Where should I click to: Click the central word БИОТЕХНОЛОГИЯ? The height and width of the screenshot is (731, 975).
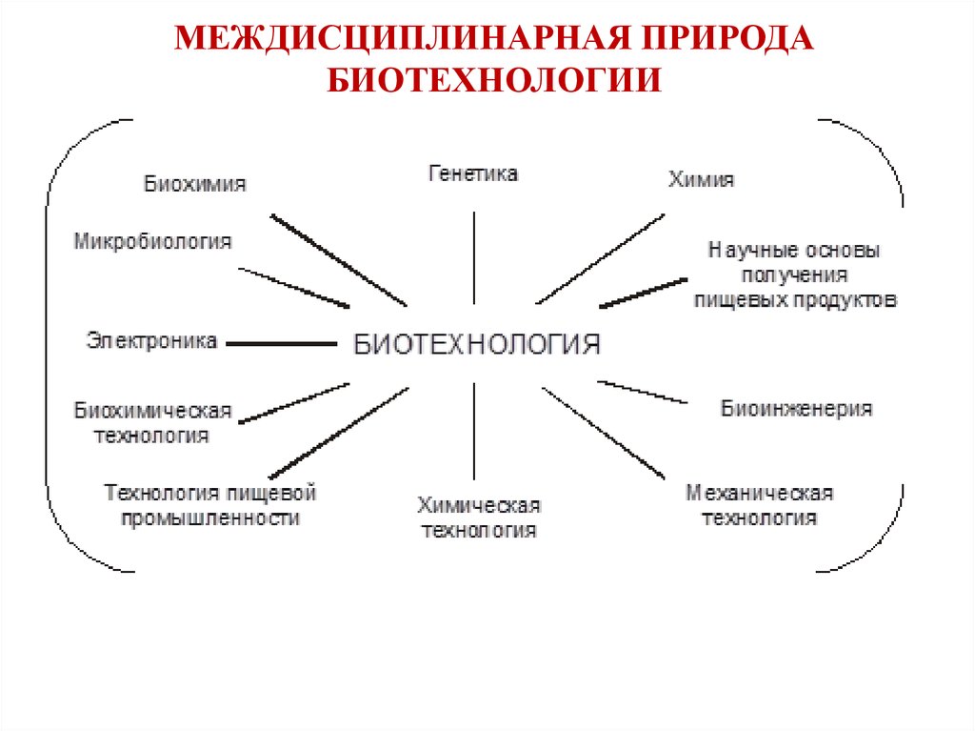click(x=477, y=344)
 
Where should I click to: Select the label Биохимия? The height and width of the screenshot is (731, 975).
click(x=195, y=184)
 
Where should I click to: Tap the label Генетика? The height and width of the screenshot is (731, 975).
click(x=473, y=173)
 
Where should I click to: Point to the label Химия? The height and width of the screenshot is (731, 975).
click(x=702, y=179)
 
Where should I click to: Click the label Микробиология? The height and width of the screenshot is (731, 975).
click(x=153, y=241)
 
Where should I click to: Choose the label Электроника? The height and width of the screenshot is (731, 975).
click(x=152, y=339)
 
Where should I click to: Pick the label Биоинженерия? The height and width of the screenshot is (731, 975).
click(x=796, y=409)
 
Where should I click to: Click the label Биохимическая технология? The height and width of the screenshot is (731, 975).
click(x=153, y=423)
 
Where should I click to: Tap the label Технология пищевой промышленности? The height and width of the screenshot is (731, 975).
click(x=209, y=505)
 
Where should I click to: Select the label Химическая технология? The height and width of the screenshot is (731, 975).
click(x=479, y=518)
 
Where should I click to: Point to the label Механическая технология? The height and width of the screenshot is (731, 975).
click(x=760, y=505)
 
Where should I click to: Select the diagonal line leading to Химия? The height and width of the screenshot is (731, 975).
click(x=600, y=258)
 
